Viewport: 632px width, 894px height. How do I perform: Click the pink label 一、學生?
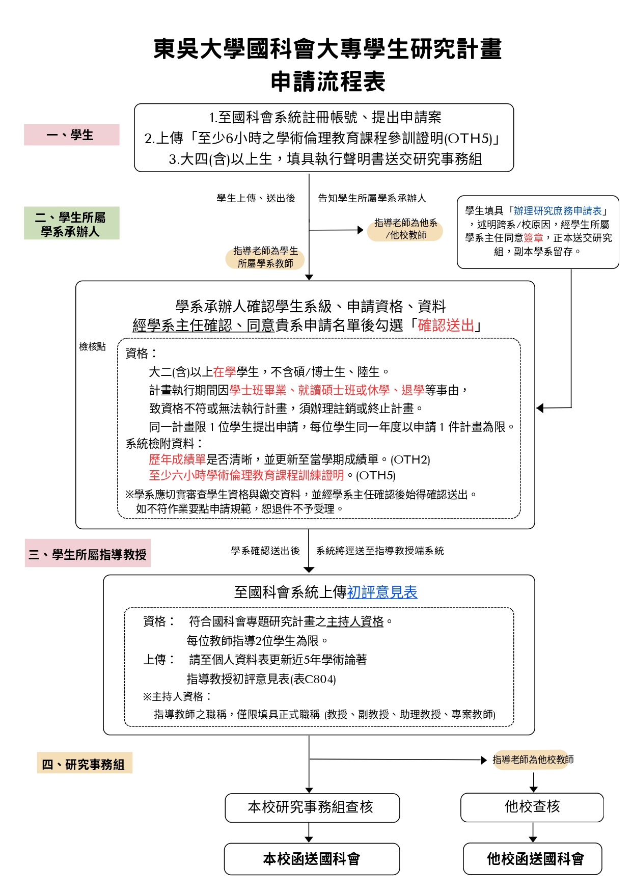point(71,135)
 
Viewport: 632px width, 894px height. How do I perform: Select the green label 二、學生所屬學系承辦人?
point(71,224)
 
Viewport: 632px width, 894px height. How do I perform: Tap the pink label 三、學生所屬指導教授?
point(88,554)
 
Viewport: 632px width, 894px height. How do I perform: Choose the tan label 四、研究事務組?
point(84,764)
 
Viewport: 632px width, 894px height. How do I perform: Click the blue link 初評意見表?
point(382,592)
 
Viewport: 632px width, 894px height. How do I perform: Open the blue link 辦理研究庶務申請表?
point(558,211)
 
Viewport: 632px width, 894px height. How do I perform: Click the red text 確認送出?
point(446,325)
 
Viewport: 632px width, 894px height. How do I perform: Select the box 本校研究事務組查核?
point(312,807)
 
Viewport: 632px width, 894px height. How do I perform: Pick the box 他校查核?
point(532,807)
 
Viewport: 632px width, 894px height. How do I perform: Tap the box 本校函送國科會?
point(312,859)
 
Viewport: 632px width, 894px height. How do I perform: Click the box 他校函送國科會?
point(533,859)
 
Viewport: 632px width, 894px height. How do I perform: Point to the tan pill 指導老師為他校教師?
point(533,760)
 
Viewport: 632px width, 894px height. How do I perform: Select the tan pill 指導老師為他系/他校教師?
point(405,229)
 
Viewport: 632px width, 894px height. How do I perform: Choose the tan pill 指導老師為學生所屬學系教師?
point(265,257)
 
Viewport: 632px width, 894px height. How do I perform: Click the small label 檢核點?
point(92,347)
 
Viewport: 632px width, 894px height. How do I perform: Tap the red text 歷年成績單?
point(177,459)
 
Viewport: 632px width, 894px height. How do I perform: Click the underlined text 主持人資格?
point(355,621)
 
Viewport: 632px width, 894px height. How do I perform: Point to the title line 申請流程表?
point(327,82)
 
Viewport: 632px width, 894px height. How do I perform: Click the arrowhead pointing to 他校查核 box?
point(533,789)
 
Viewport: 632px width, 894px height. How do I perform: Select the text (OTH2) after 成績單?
point(410,460)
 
